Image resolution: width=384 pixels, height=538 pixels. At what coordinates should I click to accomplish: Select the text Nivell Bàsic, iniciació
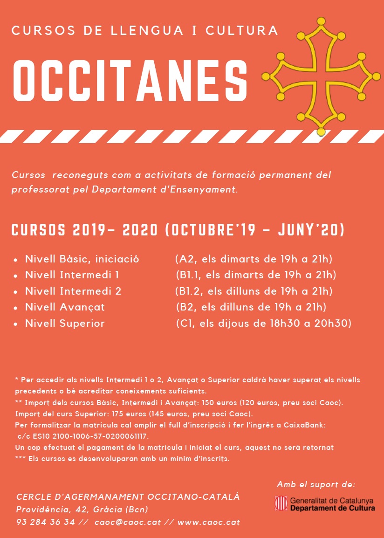pyautogui.click(x=82, y=259)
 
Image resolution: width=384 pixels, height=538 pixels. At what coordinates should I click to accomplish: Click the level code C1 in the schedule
pyautogui.click(x=185, y=323)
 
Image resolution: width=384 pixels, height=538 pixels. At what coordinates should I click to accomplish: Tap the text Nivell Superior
pyautogui.click(x=65, y=323)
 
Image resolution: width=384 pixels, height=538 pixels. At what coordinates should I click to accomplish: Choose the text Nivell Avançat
pyautogui.click(x=65, y=307)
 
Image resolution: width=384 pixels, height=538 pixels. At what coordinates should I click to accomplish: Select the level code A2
pyautogui.click(x=184, y=259)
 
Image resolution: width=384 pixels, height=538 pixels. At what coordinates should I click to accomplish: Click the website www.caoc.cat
pyautogui.click(x=209, y=522)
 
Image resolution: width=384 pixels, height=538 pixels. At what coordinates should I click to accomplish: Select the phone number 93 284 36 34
pyautogui.click(x=45, y=522)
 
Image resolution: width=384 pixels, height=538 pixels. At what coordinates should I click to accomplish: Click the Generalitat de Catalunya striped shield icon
pyautogui.click(x=281, y=504)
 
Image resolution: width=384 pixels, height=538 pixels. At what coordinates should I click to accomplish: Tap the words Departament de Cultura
pyautogui.click(x=332, y=508)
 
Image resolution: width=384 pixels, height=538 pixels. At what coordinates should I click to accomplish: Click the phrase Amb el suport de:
pyautogui.click(x=316, y=484)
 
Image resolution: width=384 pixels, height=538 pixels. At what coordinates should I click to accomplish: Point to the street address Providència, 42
pyautogui.click(x=48, y=510)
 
